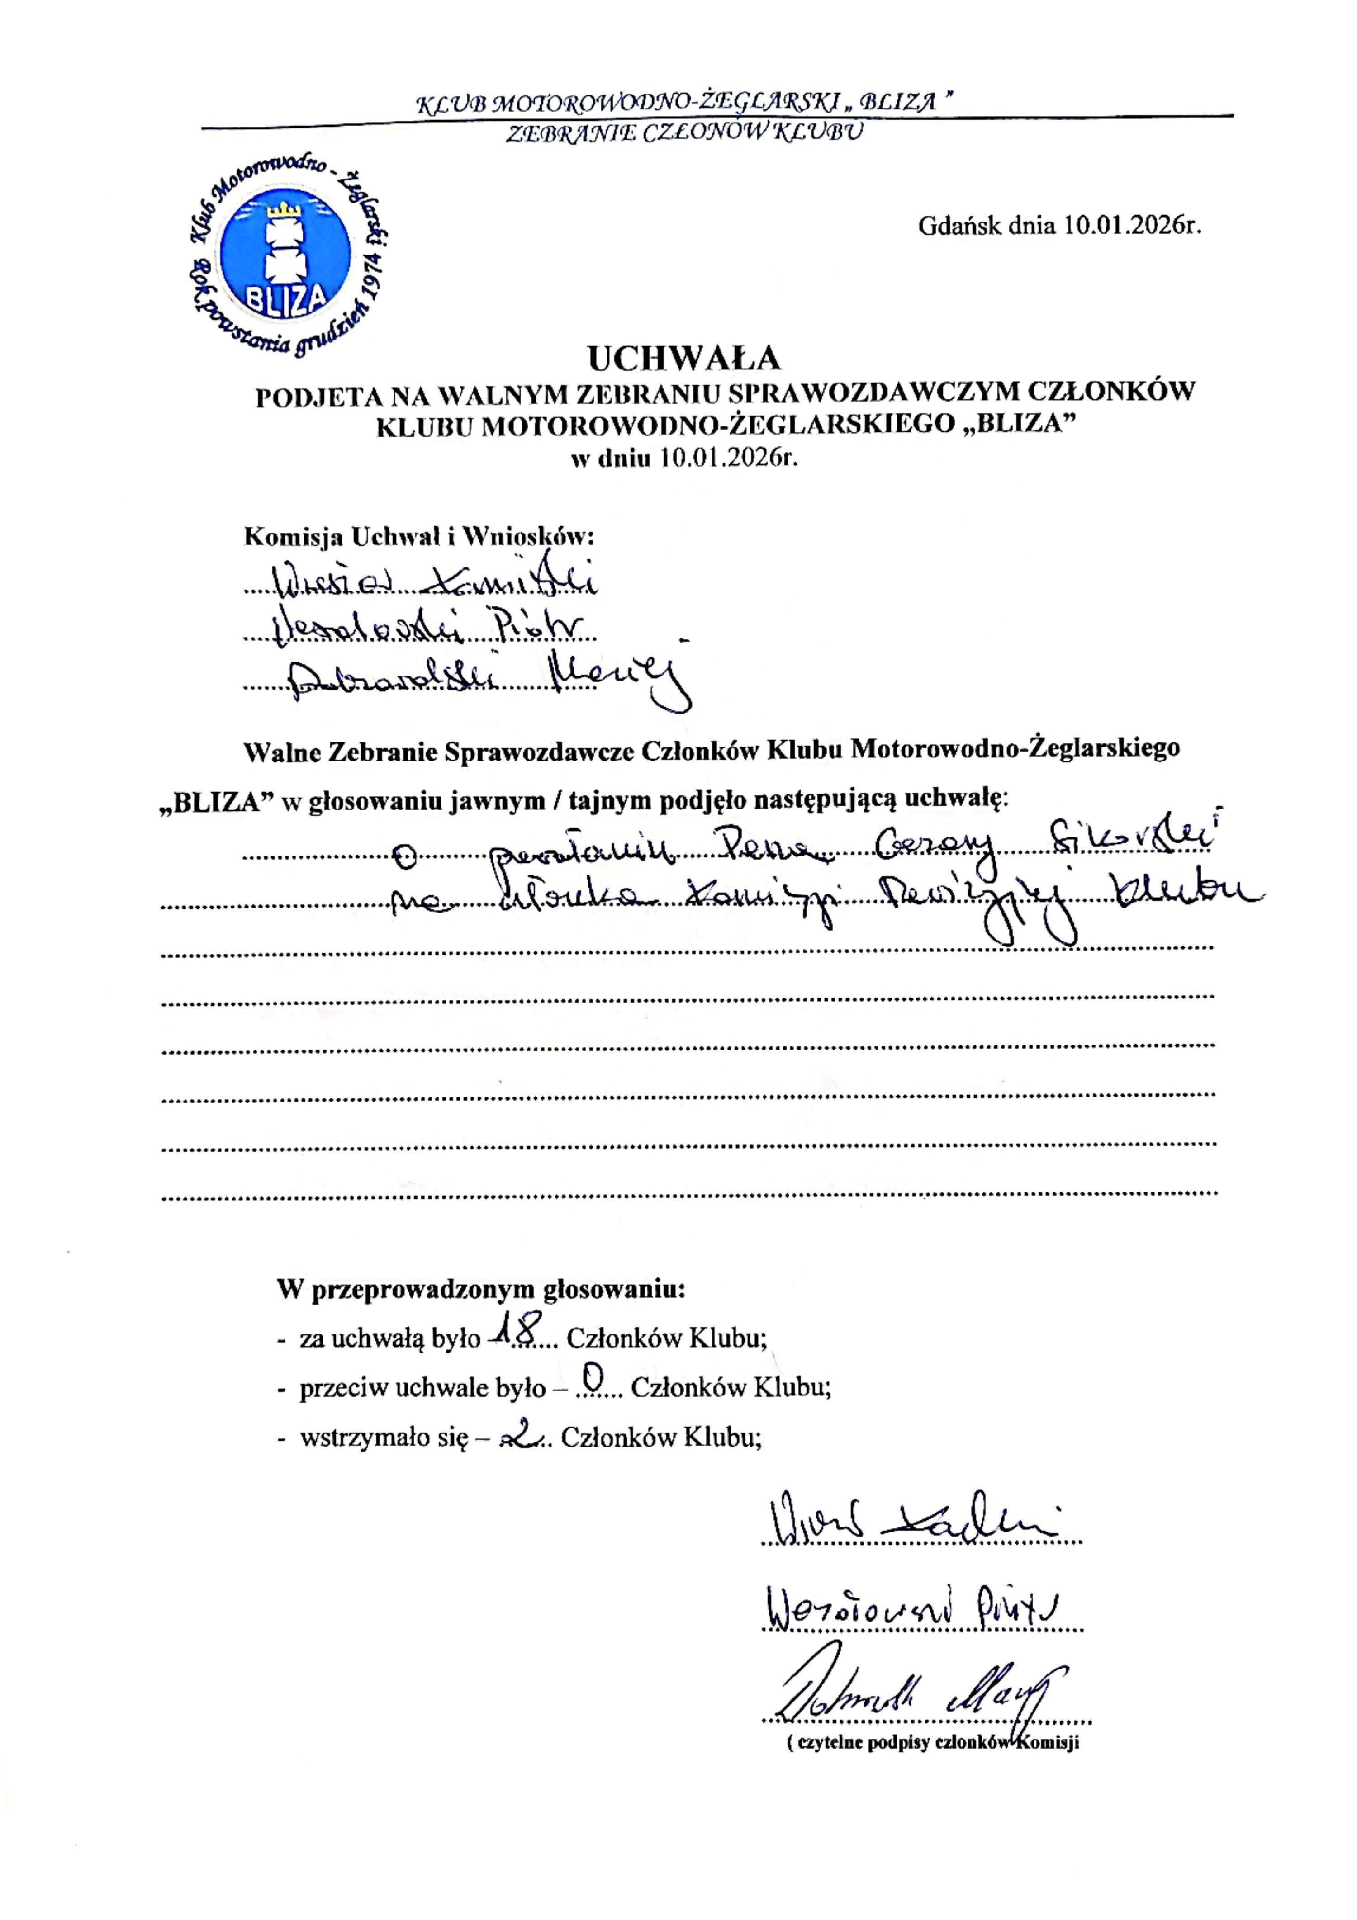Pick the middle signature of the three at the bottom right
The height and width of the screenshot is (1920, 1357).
912,1606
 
